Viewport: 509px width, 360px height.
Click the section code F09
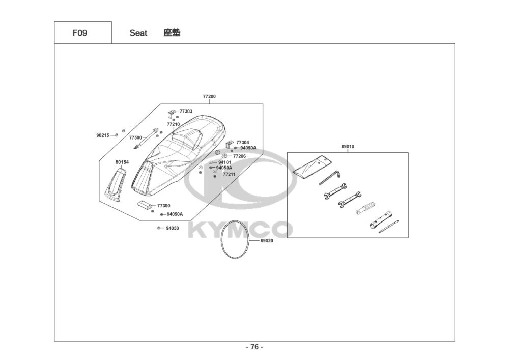click(x=79, y=33)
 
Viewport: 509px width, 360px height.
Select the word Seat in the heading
click(x=138, y=33)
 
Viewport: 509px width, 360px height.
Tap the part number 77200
click(x=209, y=96)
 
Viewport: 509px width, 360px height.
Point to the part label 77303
click(x=186, y=112)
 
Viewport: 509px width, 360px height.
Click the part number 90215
click(x=103, y=135)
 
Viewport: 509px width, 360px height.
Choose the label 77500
click(x=135, y=137)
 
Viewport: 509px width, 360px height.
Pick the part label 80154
click(x=122, y=162)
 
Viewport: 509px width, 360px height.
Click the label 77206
click(x=239, y=156)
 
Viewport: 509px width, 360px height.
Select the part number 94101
click(x=224, y=162)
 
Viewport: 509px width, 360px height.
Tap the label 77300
click(x=163, y=206)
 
